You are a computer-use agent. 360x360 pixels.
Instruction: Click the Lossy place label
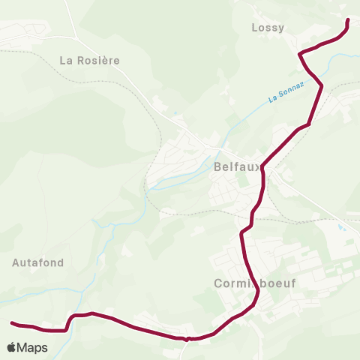(x=268, y=28)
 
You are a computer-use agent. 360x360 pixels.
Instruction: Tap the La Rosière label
(x=89, y=59)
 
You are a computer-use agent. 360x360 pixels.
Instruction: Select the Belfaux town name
(x=238, y=167)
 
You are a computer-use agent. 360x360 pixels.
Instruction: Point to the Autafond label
(x=38, y=262)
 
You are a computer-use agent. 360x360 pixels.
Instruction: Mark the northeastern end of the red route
(x=348, y=20)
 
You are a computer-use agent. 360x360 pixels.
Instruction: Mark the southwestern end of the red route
(x=12, y=323)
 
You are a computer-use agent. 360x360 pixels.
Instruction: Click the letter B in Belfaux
(x=217, y=167)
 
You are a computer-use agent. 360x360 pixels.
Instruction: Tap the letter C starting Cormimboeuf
(x=217, y=284)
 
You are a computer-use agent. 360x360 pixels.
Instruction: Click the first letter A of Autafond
(x=16, y=262)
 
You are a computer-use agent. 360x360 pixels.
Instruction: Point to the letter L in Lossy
(x=254, y=28)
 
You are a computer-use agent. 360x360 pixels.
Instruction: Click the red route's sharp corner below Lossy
(x=300, y=53)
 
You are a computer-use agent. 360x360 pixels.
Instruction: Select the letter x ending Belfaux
(x=259, y=167)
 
